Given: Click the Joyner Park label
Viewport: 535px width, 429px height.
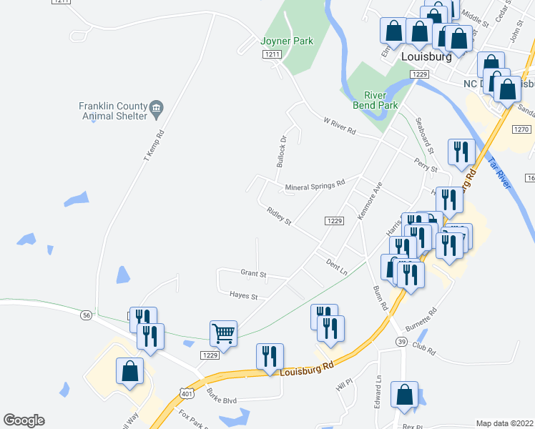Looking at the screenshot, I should click(x=288, y=41).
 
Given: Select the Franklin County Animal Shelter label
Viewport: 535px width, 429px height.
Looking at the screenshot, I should click(x=113, y=110).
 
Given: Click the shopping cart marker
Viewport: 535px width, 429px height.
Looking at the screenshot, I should click(x=223, y=332).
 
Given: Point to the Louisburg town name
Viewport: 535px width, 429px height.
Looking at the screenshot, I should click(x=426, y=57).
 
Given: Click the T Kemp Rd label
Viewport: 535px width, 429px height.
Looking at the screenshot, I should click(x=154, y=144).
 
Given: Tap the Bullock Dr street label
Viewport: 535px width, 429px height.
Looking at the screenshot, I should click(x=282, y=151).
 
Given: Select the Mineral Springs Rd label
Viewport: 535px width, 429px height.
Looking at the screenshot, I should click(x=315, y=187).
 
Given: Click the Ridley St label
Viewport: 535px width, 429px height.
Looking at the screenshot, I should click(x=279, y=217).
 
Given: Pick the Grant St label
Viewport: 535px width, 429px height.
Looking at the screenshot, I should click(x=253, y=273).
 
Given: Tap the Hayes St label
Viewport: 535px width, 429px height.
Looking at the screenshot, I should click(x=243, y=295).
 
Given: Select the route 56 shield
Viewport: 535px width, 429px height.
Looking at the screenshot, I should click(x=87, y=315).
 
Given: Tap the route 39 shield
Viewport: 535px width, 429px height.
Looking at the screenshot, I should click(x=402, y=342).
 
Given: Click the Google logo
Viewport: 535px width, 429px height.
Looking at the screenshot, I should click(x=24, y=420).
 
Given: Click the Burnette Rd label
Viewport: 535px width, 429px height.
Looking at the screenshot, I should click(x=423, y=325).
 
